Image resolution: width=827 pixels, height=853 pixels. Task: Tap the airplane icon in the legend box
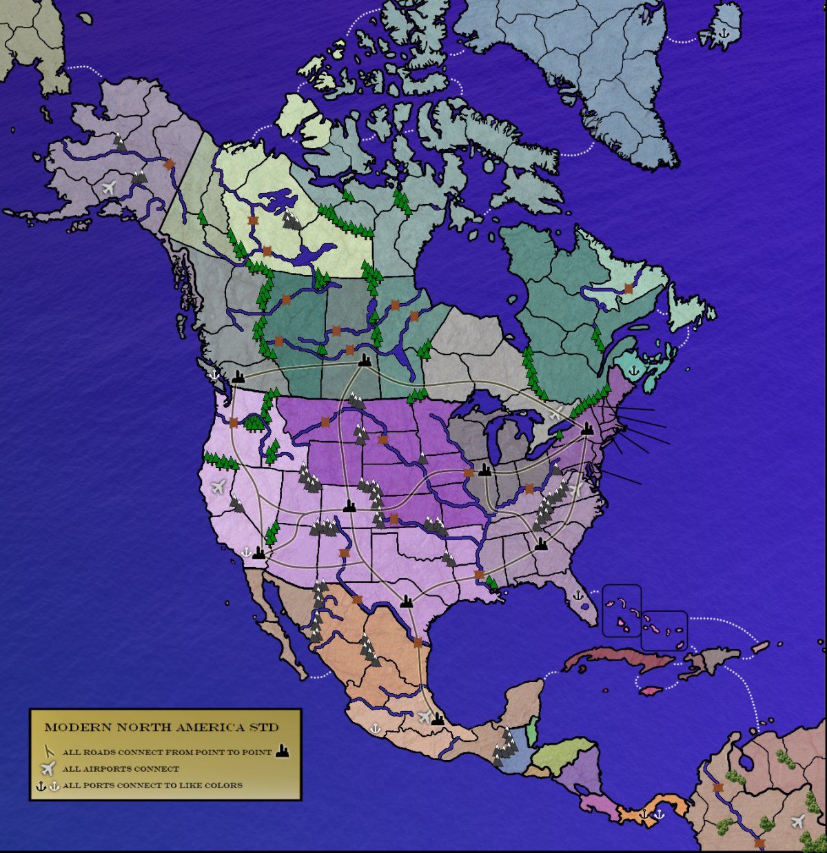pos(48,768)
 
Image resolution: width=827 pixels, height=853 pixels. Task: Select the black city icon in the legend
pos(282,751)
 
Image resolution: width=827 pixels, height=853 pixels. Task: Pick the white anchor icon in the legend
pos(54,785)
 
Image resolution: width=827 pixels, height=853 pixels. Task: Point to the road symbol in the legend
pos(48,752)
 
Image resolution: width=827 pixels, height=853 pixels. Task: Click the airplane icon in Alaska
pos(108,186)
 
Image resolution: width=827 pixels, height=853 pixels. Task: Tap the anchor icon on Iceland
pos(724,32)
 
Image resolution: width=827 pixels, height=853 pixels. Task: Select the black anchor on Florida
pos(578,594)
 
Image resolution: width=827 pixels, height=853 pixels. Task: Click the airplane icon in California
pos(218,487)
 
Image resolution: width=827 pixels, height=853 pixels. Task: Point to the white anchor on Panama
pos(659,814)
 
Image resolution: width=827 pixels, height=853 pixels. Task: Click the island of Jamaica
pos(651,690)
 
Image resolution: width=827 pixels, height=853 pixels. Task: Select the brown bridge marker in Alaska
pos(169,164)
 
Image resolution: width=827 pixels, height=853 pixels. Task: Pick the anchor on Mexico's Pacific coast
pos(376,727)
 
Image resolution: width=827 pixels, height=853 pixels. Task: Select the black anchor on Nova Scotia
pos(633,370)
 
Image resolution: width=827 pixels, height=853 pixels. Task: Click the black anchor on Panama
pos(645,814)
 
